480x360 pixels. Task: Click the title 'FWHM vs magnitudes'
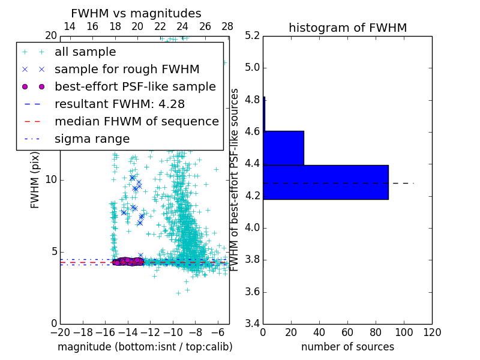click(136, 14)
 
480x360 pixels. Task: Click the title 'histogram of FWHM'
click(347, 28)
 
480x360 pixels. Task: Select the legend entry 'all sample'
click(85, 52)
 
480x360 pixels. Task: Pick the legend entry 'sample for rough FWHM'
click(127, 70)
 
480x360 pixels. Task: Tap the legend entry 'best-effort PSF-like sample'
click(135, 87)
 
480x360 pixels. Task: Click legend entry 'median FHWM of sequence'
click(136, 122)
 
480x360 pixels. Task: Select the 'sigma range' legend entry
click(92, 139)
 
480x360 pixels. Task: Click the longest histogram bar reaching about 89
click(326, 182)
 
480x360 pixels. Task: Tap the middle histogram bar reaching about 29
click(283, 148)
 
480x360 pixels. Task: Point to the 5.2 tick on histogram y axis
click(252, 35)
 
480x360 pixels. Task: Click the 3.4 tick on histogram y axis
click(252, 324)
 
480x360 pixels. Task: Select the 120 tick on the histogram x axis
click(431, 332)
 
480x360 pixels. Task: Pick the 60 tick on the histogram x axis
click(347, 332)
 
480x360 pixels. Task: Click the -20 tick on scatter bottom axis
click(60, 332)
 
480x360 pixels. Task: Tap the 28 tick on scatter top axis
click(227, 26)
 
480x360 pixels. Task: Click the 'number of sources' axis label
click(347, 347)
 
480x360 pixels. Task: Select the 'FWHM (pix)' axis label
click(35, 180)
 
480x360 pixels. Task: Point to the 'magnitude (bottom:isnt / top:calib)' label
click(145, 347)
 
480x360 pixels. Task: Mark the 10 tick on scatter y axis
click(52, 180)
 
